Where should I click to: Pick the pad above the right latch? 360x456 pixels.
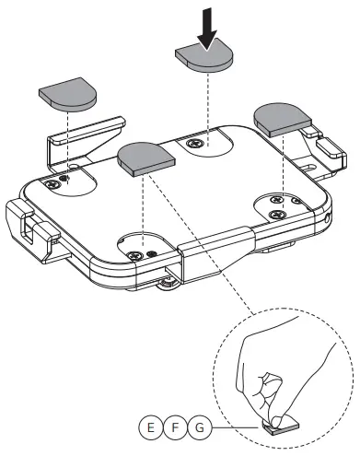pos(281,116)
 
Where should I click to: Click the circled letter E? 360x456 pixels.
pos(148,427)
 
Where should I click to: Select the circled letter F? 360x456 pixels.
pos(174,427)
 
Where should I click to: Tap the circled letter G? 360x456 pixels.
pos(200,427)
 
